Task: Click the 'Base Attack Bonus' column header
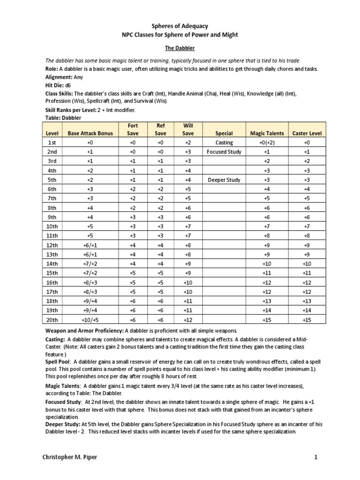coord(90,133)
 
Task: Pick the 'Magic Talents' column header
coord(267,133)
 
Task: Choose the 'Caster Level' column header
coord(307,133)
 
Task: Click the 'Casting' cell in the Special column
coord(224,142)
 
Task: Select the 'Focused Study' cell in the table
coord(224,152)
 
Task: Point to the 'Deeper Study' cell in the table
coord(224,180)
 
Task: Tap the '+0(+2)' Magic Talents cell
coord(267,142)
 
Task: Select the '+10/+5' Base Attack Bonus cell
coord(90,320)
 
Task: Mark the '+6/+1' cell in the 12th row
coord(90,245)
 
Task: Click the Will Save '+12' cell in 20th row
coord(187,320)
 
